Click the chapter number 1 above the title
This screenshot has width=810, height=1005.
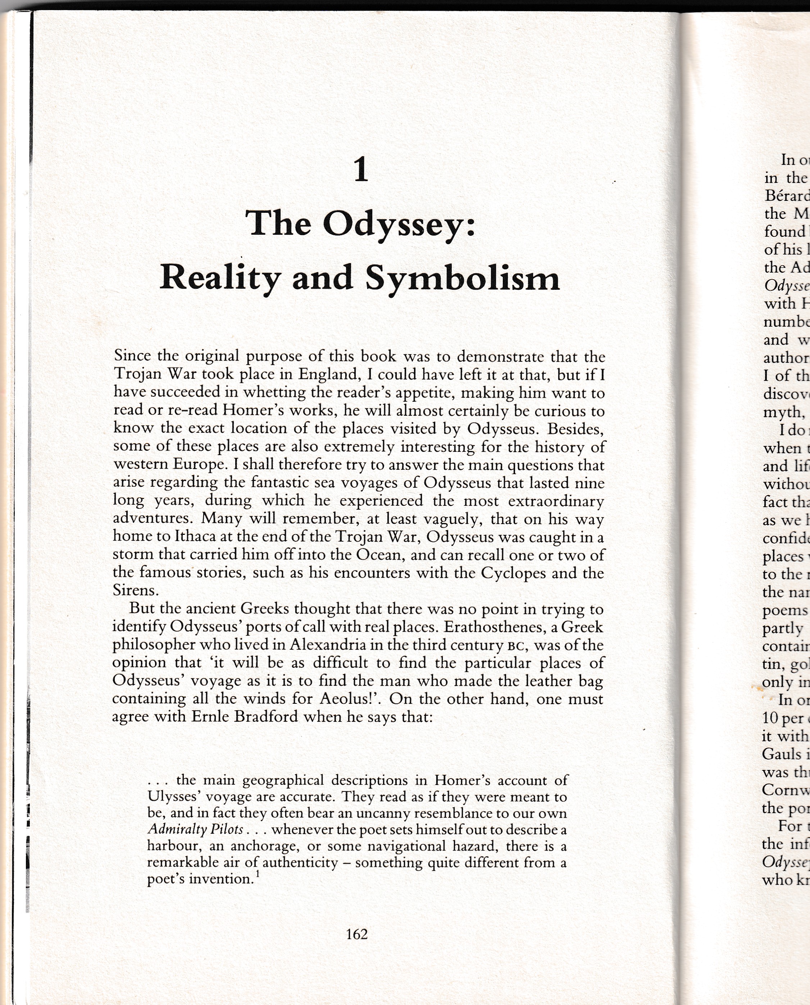coord(361,170)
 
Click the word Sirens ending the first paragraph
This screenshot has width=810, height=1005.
coord(135,591)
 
